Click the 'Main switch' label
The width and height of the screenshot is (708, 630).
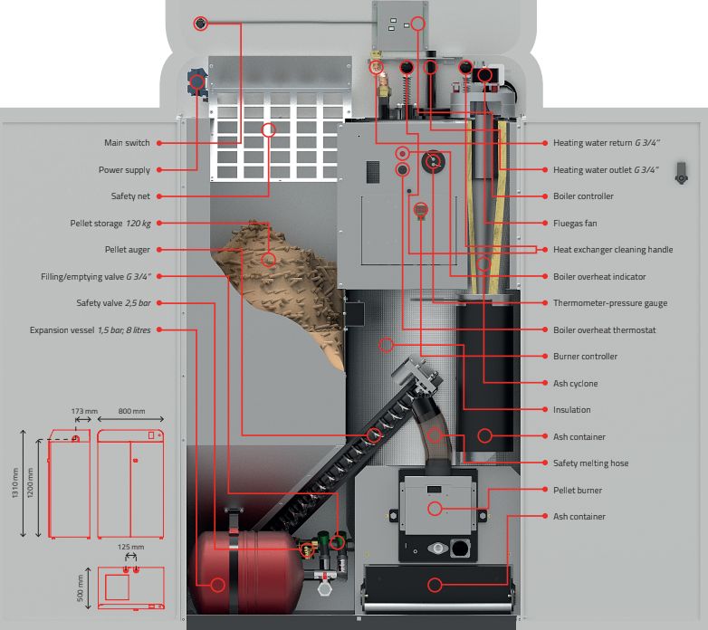click(127, 143)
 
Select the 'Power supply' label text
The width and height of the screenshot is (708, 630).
click(124, 170)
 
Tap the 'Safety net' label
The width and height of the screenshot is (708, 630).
click(130, 196)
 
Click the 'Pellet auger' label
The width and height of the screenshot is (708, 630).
click(127, 250)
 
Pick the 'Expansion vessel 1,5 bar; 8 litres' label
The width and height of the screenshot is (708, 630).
click(90, 330)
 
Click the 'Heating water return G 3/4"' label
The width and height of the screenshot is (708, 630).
click(607, 143)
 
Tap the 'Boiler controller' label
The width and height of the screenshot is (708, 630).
click(583, 196)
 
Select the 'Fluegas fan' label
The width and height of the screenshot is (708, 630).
click(575, 224)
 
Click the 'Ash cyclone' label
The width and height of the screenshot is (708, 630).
click(576, 384)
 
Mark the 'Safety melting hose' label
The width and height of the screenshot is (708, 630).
click(590, 463)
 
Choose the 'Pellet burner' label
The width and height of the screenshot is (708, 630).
click(578, 491)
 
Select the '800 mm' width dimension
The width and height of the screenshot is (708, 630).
click(131, 412)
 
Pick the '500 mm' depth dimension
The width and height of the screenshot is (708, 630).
click(81, 587)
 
